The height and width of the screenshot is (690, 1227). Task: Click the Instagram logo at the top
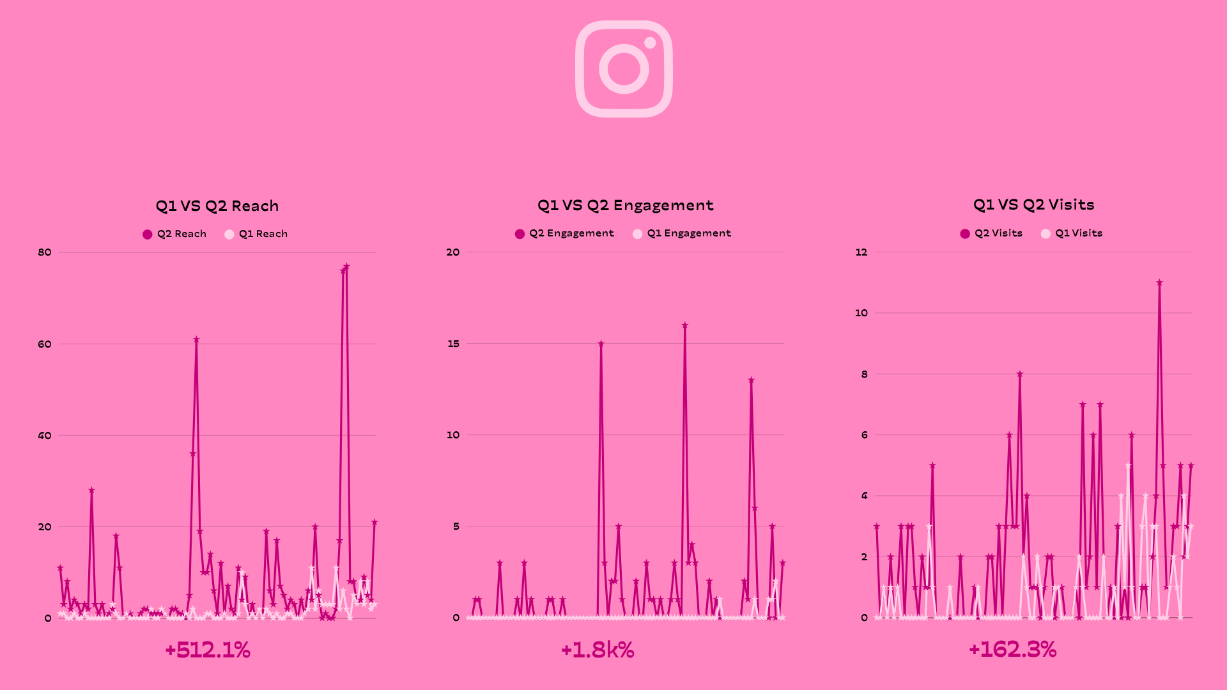[x=624, y=69]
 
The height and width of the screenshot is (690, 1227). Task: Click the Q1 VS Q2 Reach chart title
[x=217, y=206]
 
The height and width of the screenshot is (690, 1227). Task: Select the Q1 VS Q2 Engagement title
[x=625, y=205]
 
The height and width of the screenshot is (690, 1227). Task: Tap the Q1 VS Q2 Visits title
[x=1033, y=204]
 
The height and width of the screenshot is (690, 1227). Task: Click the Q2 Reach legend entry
[x=174, y=234]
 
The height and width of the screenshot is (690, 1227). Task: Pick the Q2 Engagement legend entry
[x=564, y=233]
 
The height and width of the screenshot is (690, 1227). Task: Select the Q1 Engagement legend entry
[x=682, y=233]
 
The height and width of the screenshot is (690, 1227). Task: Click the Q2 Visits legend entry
[x=991, y=233]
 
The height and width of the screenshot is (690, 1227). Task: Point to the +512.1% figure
[x=208, y=650]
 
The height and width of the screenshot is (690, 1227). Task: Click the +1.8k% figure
[x=598, y=650]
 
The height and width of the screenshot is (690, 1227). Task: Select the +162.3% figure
[x=1013, y=649]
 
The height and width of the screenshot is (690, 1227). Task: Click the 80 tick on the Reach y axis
[x=45, y=252]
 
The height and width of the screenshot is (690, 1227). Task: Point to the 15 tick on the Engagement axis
[x=453, y=344]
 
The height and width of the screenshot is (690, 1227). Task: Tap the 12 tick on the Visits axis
[x=861, y=252]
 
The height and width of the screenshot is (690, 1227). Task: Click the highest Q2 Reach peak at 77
[x=346, y=266]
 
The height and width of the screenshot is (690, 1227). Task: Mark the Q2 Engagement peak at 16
[x=685, y=325]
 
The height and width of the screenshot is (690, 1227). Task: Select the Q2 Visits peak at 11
[x=1159, y=282]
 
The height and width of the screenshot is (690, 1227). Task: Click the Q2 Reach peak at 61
[x=196, y=339]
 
